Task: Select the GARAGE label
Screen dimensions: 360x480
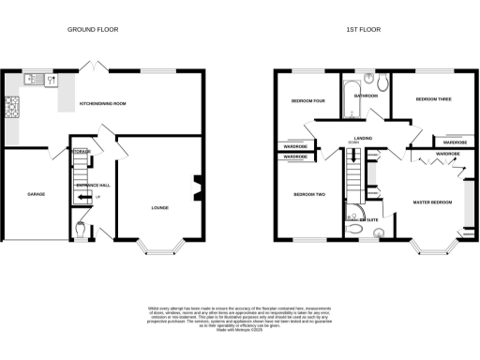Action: (x=23, y=194)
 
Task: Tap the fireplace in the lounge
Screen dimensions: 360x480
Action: (x=197, y=187)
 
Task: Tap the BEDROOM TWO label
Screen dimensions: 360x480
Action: (x=307, y=194)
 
